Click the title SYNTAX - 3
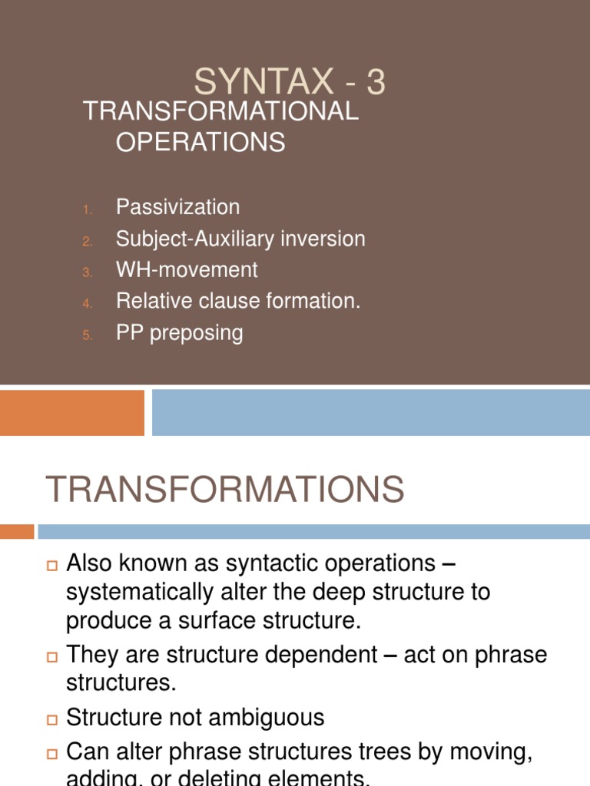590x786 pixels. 289,82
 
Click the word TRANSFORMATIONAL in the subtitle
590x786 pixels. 220,111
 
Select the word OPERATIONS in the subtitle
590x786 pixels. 201,143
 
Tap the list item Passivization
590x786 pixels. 177,207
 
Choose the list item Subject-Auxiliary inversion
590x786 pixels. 240,239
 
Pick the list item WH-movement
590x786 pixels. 187,270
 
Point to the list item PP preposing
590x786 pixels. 179,333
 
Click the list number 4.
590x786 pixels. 88,303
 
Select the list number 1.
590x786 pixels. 88,209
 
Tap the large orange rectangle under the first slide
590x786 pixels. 72,412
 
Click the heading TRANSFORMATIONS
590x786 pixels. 225,490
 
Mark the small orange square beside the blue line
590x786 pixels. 17,531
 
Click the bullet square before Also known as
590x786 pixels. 52,566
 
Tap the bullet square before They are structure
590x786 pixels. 52,657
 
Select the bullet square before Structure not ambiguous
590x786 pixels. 52,720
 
